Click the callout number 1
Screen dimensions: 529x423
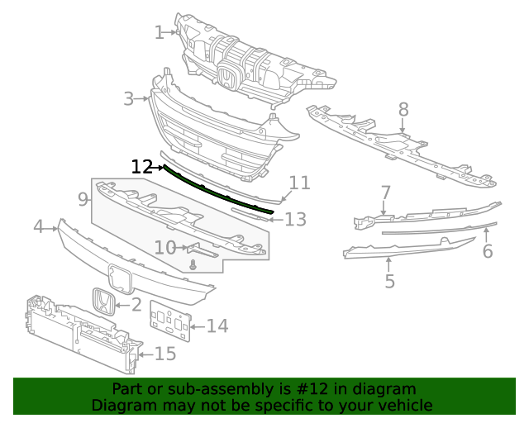click(x=160, y=33)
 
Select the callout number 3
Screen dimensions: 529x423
click(x=129, y=99)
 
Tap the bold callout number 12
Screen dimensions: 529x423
click(x=141, y=167)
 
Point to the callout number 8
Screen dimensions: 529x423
click(x=403, y=110)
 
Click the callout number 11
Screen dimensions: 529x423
click(x=299, y=183)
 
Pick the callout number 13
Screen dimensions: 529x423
click(x=296, y=219)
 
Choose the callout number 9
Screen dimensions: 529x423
click(x=83, y=199)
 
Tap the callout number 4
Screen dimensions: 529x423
click(x=39, y=226)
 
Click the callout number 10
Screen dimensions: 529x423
click(x=165, y=248)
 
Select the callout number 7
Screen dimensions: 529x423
click(x=385, y=192)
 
